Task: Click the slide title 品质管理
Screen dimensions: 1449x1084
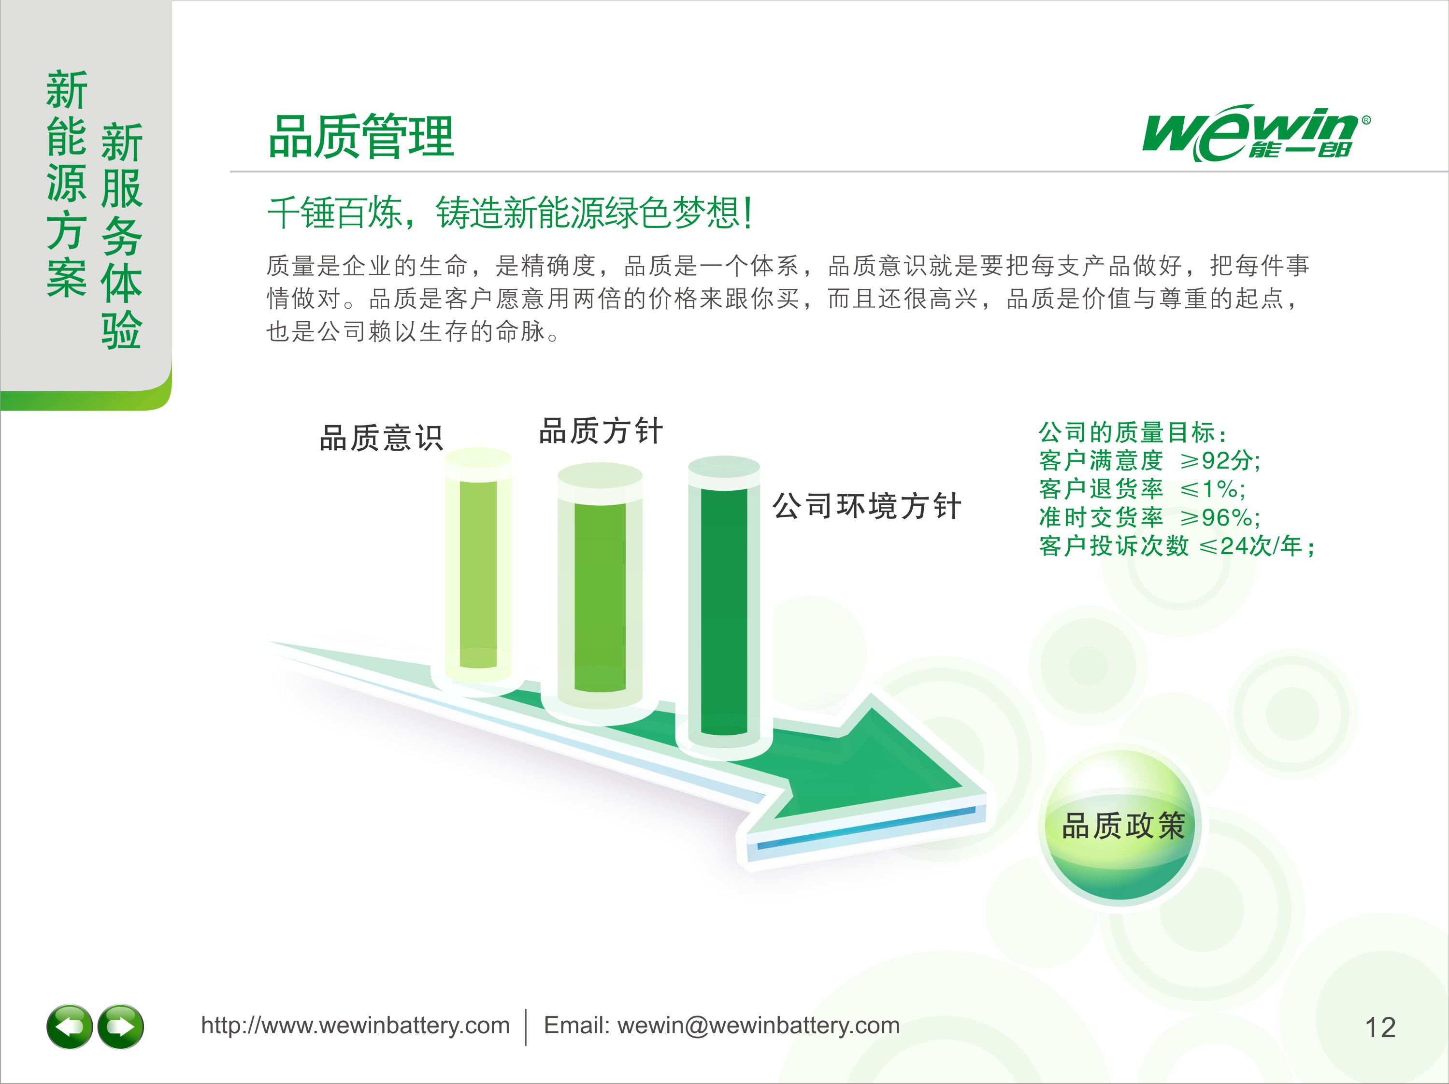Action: pos(361,136)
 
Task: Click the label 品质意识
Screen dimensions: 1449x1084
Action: pos(381,438)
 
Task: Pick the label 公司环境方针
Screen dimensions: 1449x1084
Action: pos(867,506)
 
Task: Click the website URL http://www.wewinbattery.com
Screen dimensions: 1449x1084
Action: pos(355,1026)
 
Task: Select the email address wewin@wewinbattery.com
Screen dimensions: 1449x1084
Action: pos(759,1026)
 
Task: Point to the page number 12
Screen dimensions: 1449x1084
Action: pos(1380,1027)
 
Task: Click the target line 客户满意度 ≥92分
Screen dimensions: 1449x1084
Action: pos(1149,460)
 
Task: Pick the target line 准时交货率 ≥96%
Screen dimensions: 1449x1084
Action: pos(1149,517)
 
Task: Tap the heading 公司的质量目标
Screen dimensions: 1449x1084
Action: pos(1133,432)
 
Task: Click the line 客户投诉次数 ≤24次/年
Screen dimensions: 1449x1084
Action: pos(1177,545)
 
